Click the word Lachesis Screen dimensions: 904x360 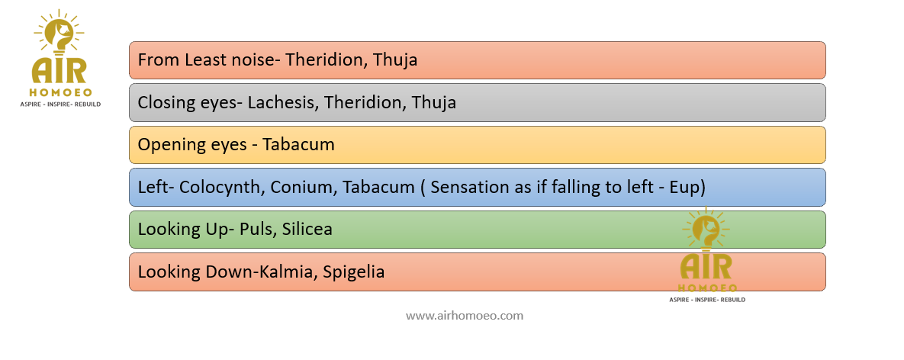tap(283, 102)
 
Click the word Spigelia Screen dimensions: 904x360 tap(354, 272)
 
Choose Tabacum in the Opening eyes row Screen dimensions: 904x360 tap(298, 145)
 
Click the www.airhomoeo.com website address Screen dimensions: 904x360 tap(465, 316)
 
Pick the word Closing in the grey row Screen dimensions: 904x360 tap(162, 103)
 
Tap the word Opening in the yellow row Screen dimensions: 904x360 tap(168, 145)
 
